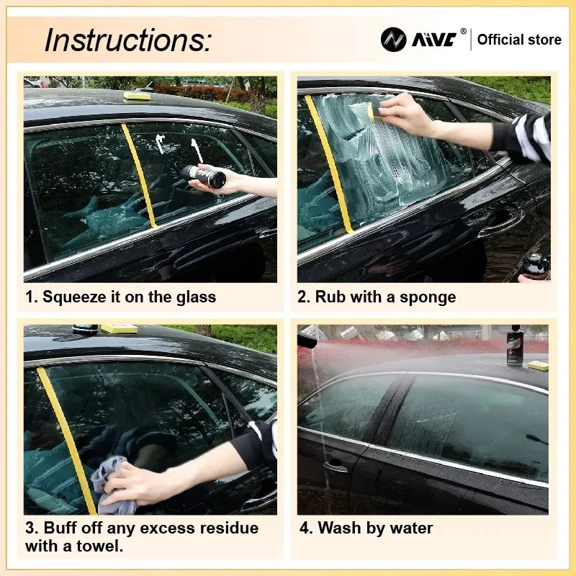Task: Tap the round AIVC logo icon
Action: [393, 40]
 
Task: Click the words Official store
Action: [519, 40]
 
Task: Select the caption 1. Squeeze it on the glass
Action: [121, 297]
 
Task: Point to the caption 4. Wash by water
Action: [366, 528]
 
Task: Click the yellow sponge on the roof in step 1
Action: [137, 96]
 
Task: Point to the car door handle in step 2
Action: [500, 225]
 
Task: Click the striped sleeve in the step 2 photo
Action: [529, 137]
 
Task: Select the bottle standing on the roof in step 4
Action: [515, 346]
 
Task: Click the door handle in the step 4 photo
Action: [335, 467]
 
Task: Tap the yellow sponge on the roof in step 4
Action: [537, 365]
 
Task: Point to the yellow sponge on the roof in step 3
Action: [119, 328]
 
